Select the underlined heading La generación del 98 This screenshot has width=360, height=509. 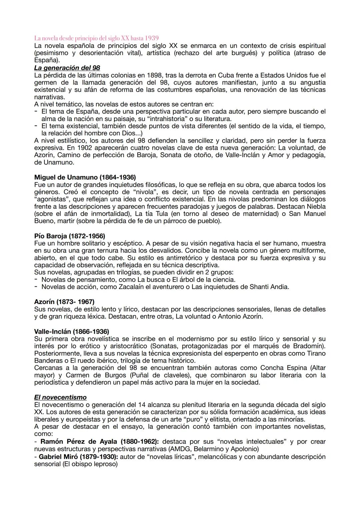click(x=67, y=68)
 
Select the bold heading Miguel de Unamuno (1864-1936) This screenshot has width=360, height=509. click(x=85, y=177)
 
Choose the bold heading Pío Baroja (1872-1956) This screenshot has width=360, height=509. click(x=69, y=236)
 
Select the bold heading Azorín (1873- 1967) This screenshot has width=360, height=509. click(x=64, y=302)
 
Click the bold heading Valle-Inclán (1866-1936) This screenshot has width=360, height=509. click(x=71, y=331)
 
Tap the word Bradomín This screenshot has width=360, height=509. click(x=309, y=346)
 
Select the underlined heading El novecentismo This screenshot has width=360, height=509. click(x=60, y=397)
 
